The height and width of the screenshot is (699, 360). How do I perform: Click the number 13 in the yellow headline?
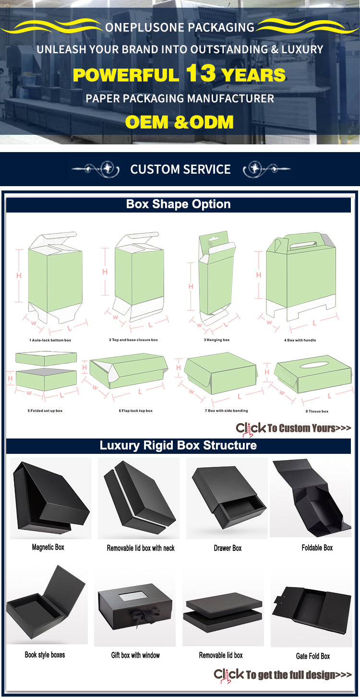pos(201,73)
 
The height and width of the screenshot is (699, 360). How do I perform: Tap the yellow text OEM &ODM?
pos(179,122)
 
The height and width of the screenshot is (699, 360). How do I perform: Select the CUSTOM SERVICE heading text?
pos(180,169)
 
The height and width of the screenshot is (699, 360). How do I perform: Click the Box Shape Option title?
pos(178,204)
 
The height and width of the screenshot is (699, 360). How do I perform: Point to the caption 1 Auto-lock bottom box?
pos(50,340)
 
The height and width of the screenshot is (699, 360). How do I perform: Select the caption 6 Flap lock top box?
pos(135,411)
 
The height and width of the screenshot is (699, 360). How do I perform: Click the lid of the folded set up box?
pos(46,358)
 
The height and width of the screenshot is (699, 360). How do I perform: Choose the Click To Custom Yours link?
pos(293,428)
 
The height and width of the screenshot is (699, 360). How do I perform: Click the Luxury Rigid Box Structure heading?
pos(178,446)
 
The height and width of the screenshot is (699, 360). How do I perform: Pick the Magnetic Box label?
pos(48,547)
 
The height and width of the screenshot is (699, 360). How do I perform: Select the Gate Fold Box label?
pos(313,656)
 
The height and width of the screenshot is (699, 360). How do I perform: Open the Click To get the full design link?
pos(283,675)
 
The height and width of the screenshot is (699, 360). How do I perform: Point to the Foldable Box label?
pos(317,548)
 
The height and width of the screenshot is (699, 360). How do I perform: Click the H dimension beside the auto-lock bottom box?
pos(19,275)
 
